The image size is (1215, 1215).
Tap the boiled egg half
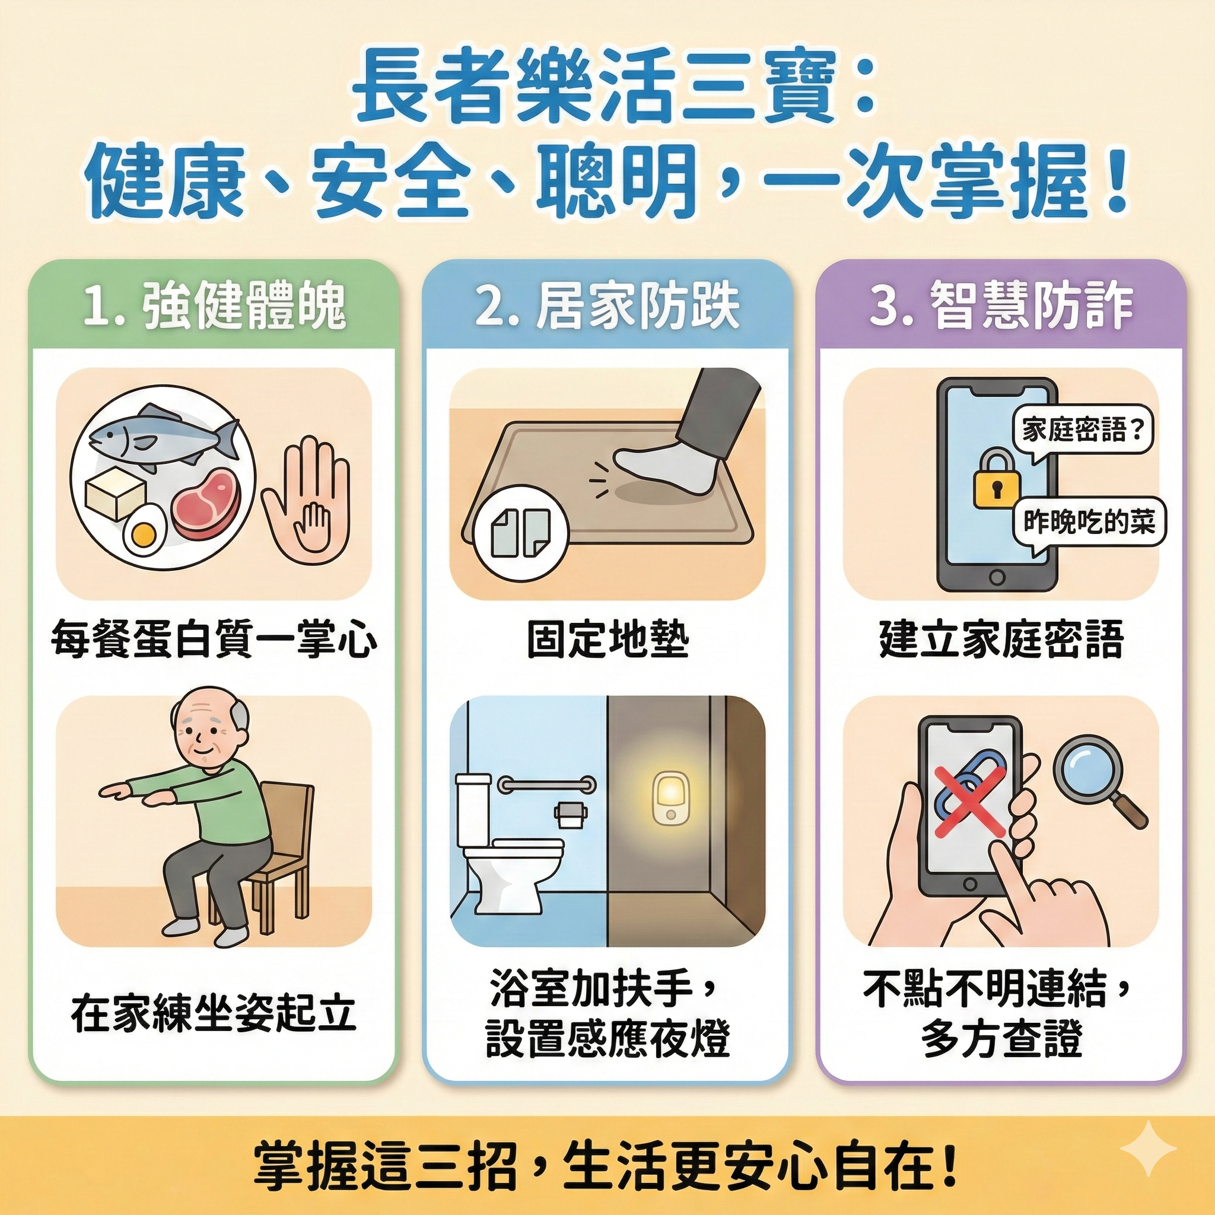144,532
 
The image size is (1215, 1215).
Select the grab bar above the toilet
546,784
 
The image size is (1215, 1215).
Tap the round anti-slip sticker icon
521,533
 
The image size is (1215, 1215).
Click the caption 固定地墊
607,641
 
